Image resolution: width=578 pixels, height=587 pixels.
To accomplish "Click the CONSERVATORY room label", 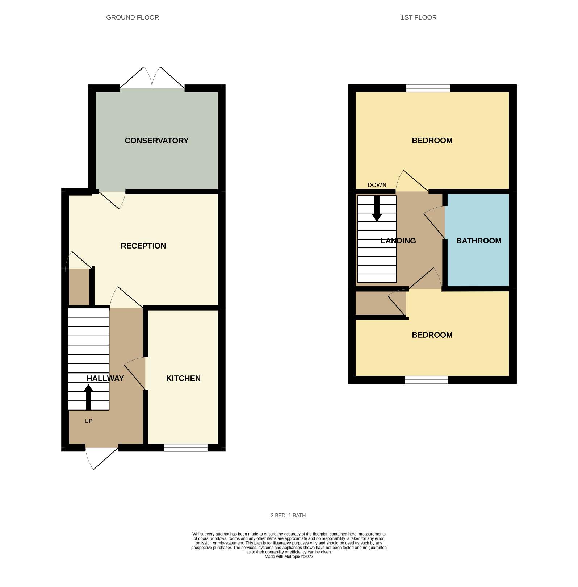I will [156, 141].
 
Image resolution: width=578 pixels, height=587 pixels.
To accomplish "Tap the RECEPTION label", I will [143, 246].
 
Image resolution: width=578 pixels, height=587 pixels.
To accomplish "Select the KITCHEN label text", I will [183, 378].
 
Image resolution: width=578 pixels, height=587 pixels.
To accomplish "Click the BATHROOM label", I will [478, 241].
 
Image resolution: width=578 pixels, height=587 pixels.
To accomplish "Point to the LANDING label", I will [398, 241].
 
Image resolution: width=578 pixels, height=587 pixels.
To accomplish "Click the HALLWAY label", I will [105, 378].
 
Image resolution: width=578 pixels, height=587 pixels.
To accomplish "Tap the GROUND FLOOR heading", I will [133, 17].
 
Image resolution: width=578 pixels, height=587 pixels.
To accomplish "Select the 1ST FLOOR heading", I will [418, 17].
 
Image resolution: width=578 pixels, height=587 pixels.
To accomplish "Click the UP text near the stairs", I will [88, 421].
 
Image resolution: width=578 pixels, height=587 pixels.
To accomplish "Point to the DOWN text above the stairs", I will [377, 185].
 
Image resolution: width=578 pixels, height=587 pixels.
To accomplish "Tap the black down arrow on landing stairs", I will [377, 210].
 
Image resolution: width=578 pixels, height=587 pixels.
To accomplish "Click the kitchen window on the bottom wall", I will [185, 447].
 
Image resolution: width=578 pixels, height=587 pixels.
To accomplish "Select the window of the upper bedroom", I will [428, 88].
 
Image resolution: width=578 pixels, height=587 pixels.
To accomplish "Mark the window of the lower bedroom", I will [426, 380].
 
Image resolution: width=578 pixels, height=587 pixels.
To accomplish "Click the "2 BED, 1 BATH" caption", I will [288, 515].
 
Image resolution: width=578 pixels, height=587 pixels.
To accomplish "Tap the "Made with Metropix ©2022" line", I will [289, 557].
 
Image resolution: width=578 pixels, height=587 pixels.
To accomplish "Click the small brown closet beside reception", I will [79, 287].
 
